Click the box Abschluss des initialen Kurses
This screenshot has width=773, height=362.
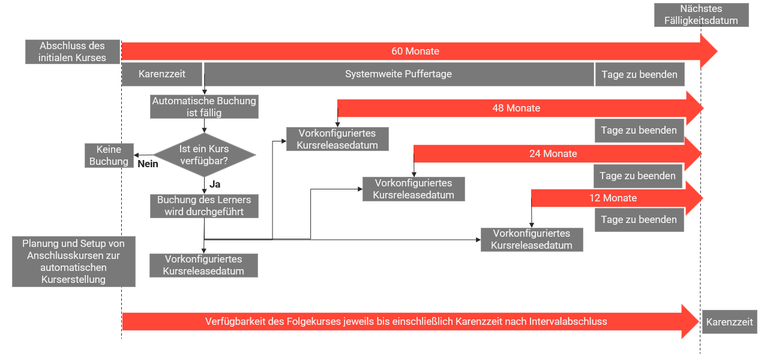73,52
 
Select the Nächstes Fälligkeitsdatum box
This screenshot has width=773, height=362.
701,15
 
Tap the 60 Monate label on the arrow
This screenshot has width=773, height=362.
415,51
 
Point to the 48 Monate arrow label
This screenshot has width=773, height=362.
516,108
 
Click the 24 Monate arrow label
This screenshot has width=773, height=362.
553,153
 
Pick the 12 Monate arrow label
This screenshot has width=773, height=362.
613,198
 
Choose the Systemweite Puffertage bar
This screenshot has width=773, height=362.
399,74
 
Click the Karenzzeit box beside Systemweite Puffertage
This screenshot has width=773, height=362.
162,74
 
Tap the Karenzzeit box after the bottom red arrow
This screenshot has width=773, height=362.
730,322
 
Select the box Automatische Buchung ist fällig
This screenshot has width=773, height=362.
204,107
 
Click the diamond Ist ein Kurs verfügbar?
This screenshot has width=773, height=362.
204,155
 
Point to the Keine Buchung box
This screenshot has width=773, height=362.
109,155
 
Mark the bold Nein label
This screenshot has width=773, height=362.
148,164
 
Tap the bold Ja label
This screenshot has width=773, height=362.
215,184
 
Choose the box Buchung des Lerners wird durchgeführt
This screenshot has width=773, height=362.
204,206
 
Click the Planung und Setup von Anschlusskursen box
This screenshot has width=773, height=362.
73,261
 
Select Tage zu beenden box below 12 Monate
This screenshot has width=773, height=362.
639,219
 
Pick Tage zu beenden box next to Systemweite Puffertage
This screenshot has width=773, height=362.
640,74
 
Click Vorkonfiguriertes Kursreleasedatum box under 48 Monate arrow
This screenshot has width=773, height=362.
337,139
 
